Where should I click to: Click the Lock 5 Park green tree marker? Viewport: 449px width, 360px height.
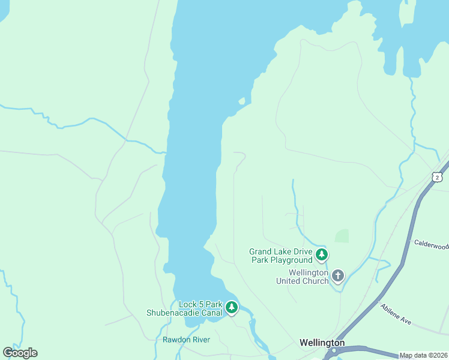(232, 308)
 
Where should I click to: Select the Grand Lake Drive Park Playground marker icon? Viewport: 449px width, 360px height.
(322, 255)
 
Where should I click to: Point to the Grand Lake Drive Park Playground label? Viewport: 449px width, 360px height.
(281, 256)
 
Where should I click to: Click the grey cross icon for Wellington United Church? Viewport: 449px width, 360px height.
(338, 275)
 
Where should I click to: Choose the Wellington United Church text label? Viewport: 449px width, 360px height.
(302, 277)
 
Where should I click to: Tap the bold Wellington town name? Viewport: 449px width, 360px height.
(322, 343)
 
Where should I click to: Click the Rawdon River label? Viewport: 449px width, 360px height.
(186, 340)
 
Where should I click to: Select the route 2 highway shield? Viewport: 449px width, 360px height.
(437, 177)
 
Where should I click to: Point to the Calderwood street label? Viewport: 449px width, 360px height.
(431, 244)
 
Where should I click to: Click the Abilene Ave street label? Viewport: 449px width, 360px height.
(396, 314)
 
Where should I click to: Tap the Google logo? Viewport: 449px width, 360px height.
(20, 353)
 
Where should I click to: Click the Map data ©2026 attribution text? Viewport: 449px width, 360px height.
(424, 355)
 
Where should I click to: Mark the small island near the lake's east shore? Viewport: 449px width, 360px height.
(241, 101)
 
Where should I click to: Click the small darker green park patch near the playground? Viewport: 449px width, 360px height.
(342, 236)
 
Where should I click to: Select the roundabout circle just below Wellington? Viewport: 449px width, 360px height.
(334, 350)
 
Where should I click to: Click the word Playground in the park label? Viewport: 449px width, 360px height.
(292, 260)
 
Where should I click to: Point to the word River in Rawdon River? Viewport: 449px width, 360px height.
(200, 340)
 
